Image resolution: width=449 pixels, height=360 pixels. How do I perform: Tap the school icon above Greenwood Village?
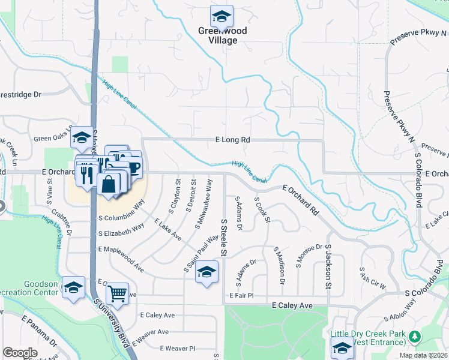[x=221, y=16]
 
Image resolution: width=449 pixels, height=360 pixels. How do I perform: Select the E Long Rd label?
[x=232, y=140]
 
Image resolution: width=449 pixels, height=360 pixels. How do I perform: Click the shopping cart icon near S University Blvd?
[x=118, y=294]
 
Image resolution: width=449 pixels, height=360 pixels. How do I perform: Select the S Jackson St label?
[x=328, y=265]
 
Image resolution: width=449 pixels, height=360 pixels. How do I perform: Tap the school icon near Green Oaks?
[x=82, y=138]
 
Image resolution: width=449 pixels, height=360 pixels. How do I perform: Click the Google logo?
[x=20, y=353]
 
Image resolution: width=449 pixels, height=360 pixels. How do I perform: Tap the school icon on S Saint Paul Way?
[x=206, y=272]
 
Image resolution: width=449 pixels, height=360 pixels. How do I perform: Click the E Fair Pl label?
[x=242, y=295]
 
